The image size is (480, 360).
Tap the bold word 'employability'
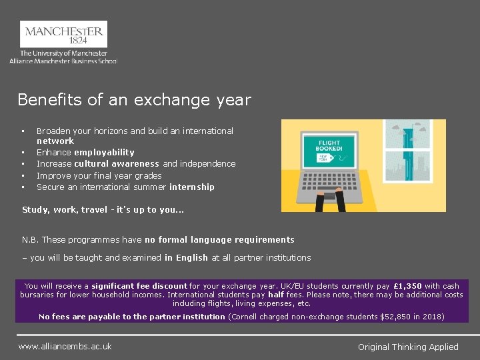tap(104, 153)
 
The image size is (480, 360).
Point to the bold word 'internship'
tap(192, 187)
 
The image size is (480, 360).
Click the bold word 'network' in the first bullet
tap(55, 141)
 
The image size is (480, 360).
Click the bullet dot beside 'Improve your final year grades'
tap(23, 176)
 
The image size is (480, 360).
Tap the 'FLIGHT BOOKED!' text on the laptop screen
tap(329, 147)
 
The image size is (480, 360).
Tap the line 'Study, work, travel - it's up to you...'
tap(103, 210)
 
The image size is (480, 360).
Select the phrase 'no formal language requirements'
tap(219, 240)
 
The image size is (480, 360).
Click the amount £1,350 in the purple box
tap(407, 286)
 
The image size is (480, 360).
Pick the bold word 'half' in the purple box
tap(276, 295)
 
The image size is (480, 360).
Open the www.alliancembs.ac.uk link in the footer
tap(65, 346)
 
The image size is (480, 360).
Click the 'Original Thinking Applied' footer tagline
tap(408, 347)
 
